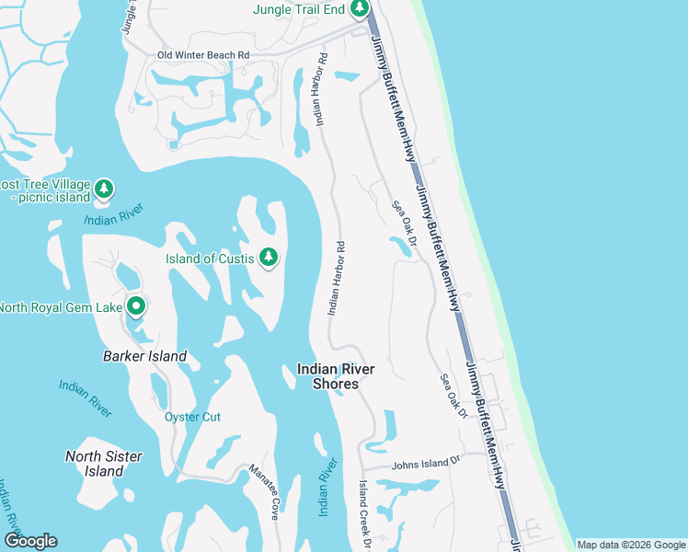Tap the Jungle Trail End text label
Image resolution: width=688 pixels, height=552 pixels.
299,10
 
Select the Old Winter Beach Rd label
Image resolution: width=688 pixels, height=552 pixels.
203,55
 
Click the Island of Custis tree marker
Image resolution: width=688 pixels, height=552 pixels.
269,258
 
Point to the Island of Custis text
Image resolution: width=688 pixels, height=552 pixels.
209,259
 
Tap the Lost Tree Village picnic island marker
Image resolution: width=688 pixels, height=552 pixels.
104,190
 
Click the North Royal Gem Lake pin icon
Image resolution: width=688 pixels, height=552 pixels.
136,305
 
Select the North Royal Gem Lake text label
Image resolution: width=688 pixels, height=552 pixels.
60,307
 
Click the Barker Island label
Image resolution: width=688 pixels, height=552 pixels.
145,356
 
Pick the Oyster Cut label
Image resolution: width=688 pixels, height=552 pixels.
192,417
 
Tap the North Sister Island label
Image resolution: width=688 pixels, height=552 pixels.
104,464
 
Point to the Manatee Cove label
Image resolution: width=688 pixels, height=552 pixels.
263,492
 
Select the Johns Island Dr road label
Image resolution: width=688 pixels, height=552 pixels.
424,464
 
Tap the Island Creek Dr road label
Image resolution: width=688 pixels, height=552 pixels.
364,514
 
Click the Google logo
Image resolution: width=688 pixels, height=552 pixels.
30,541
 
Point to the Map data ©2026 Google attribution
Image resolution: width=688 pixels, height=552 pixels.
631,545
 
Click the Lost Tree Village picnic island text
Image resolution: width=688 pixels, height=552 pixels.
46,190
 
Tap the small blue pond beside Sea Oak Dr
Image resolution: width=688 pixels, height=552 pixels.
401,246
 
